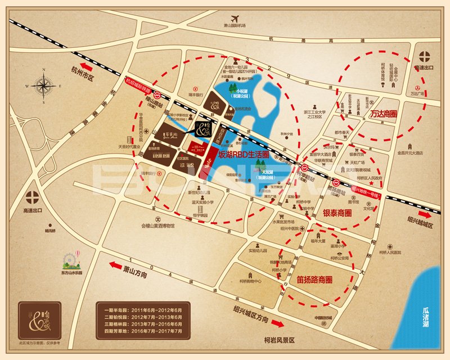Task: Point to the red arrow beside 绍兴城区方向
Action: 277,323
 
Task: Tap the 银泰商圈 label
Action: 337,214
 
